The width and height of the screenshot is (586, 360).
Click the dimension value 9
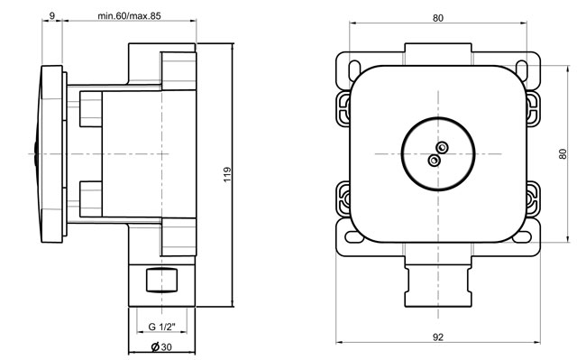pyautogui.click(x=52, y=15)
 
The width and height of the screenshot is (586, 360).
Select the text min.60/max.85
pyautogui.click(x=129, y=15)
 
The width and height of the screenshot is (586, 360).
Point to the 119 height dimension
pyautogui.click(x=227, y=174)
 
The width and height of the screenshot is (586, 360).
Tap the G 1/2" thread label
pyautogui.click(x=161, y=327)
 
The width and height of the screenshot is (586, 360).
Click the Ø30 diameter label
pyautogui.click(x=161, y=346)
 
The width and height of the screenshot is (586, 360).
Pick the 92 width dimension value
pyautogui.click(x=438, y=337)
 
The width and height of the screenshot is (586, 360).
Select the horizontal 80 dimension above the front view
pyautogui.click(x=438, y=18)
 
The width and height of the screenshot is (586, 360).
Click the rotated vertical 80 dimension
pyautogui.click(x=563, y=154)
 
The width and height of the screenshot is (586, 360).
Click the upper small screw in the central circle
pyautogui.click(x=443, y=147)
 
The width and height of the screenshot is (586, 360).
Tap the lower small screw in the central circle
pyautogui.click(x=434, y=161)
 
